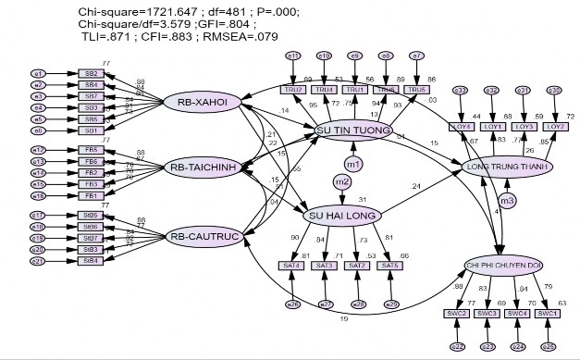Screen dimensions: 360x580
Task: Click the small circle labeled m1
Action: coord(353,164)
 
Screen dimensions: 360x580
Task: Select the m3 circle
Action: coord(505,200)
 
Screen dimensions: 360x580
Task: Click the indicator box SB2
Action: coord(92,72)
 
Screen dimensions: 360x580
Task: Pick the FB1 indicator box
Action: coord(92,195)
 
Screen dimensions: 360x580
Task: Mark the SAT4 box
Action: coord(291,266)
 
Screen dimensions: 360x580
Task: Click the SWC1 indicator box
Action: coord(547,314)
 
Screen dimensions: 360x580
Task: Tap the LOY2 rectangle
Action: coord(555,127)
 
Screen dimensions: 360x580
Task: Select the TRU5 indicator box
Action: coord(416,90)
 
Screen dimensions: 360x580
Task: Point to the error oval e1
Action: coord(39,72)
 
